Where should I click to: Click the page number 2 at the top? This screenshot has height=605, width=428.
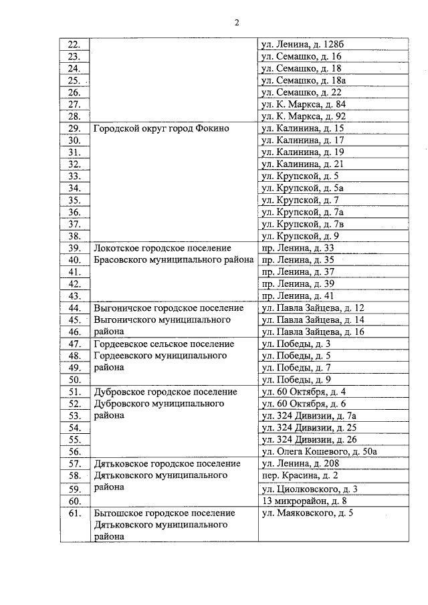click(x=237, y=22)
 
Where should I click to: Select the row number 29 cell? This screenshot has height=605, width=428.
click(x=74, y=128)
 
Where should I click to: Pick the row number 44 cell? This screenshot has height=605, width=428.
click(x=74, y=308)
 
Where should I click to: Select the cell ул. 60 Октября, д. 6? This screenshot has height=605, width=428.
click(x=304, y=404)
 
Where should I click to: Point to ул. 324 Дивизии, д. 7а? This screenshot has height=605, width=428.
click(x=310, y=416)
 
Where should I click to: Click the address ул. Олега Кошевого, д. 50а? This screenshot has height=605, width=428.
click(x=320, y=452)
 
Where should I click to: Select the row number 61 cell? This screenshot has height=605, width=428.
click(x=74, y=513)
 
